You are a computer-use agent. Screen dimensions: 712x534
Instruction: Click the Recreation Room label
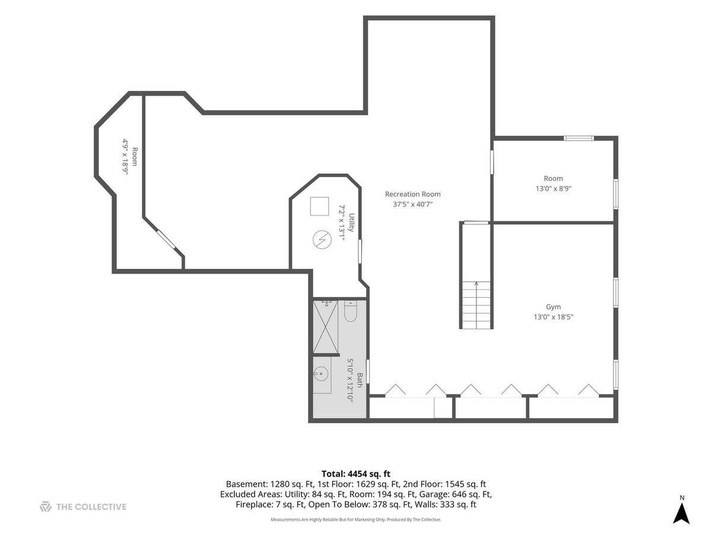(x=412, y=194)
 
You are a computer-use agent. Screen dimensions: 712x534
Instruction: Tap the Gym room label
(x=553, y=307)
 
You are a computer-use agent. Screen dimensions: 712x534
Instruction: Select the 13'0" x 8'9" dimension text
(x=553, y=188)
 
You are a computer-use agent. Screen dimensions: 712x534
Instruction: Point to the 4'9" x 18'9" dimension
(x=126, y=157)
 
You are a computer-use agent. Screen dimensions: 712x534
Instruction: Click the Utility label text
(x=351, y=223)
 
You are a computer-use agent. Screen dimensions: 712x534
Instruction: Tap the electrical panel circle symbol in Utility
(x=322, y=240)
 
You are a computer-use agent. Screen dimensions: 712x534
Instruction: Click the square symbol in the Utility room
(x=319, y=206)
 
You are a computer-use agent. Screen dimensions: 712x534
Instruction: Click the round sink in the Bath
(x=321, y=374)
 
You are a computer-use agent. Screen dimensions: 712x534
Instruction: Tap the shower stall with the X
(x=325, y=326)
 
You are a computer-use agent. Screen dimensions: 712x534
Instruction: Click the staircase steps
(x=476, y=305)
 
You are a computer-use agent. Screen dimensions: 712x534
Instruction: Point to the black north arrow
(x=682, y=518)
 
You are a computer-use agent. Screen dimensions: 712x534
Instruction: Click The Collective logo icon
(x=46, y=507)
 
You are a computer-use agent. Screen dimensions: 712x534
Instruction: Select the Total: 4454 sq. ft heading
(x=356, y=474)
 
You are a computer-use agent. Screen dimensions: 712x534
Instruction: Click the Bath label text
(x=360, y=380)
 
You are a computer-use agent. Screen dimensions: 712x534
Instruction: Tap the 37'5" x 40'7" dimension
(x=412, y=204)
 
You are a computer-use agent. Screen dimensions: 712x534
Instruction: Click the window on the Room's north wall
(x=578, y=138)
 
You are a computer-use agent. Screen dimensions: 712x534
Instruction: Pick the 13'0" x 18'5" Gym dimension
(x=554, y=317)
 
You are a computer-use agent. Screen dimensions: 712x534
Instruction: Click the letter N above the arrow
(x=682, y=498)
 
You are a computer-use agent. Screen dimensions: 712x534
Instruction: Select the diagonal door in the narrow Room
(x=166, y=239)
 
